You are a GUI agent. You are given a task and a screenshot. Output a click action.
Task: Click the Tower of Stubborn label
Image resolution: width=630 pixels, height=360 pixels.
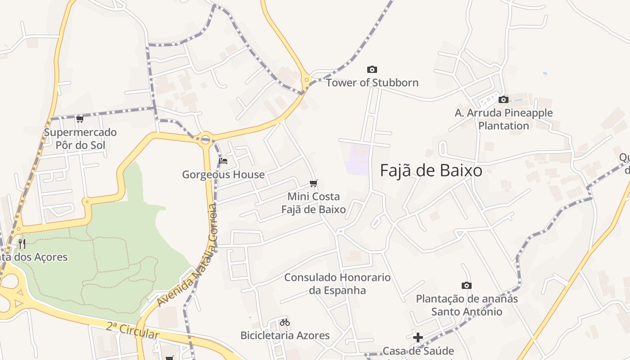[x=372, y=83]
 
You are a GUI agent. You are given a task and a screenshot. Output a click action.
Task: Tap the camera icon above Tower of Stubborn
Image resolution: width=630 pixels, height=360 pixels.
[x=372, y=69]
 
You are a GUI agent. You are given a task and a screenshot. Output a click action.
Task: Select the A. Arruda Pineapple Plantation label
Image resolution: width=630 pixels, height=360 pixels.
[x=504, y=119]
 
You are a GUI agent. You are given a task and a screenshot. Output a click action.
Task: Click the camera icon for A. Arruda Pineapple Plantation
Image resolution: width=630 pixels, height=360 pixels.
[x=504, y=99]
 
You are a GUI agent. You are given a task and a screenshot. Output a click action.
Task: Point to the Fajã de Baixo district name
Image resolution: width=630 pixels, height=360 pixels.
[x=431, y=171]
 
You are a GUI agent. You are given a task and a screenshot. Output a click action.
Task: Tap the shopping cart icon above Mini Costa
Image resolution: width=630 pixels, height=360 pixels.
[x=314, y=183]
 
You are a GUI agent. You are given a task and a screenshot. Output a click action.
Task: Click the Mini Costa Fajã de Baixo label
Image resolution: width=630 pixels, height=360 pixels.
[x=314, y=203]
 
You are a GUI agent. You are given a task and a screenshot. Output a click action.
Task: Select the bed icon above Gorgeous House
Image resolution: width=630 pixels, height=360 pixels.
[x=223, y=161]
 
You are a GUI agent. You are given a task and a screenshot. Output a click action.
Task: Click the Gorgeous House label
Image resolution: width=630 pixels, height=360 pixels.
[x=223, y=175]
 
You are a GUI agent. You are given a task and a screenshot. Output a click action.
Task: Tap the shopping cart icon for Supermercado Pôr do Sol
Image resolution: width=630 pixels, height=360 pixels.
[x=80, y=119]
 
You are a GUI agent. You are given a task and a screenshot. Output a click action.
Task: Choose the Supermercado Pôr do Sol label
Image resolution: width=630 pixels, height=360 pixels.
[x=80, y=139]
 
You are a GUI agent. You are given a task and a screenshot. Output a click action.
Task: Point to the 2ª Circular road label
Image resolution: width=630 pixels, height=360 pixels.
[x=133, y=330]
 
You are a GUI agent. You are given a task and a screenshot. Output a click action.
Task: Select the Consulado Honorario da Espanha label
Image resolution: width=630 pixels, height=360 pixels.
[x=337, y=283]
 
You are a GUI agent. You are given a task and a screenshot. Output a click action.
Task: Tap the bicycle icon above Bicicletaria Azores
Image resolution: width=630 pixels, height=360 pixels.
[x=285, y=322]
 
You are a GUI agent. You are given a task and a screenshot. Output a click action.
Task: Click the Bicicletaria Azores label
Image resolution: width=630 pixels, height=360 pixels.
[x=285, y=335]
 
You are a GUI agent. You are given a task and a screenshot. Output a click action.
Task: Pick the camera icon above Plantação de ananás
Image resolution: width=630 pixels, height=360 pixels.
[x=467, y=285]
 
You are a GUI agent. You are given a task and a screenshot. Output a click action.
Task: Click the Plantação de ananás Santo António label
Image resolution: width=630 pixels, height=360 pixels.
[x=467, y=305]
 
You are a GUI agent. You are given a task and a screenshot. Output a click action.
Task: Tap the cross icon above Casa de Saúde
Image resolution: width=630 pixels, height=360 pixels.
[x=418, y=337]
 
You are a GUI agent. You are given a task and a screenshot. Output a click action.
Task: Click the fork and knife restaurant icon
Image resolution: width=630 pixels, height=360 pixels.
[x=22, y=244]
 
